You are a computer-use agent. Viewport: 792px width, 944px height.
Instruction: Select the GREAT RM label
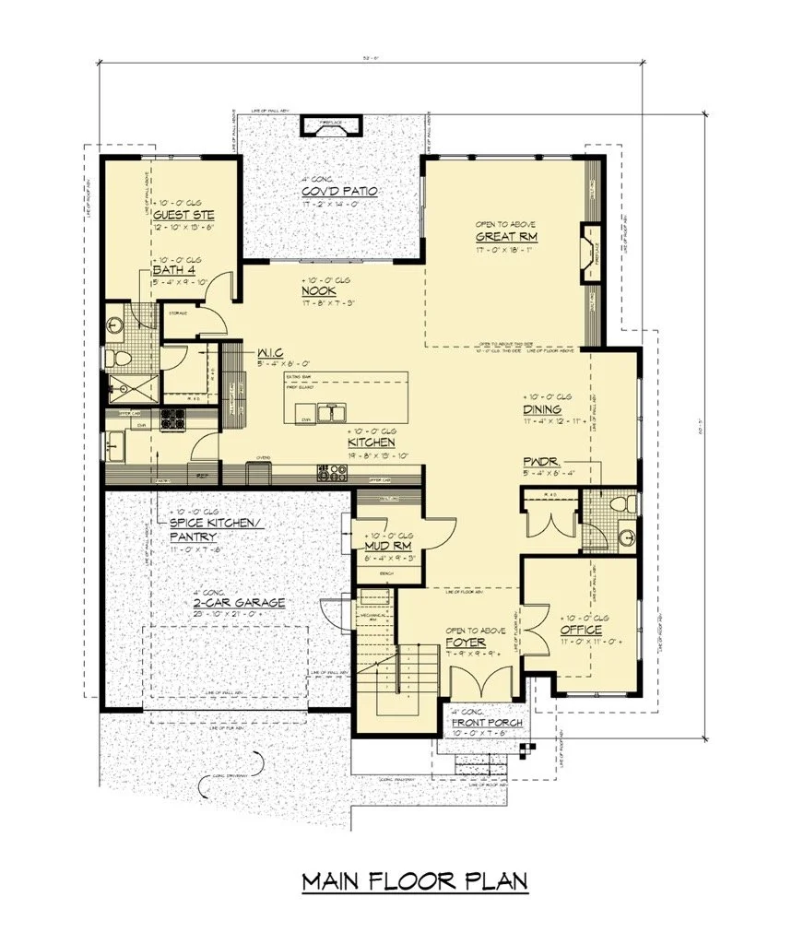506,237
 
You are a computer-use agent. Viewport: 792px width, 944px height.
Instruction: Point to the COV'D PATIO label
339,191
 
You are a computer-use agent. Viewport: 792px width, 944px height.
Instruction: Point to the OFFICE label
582,630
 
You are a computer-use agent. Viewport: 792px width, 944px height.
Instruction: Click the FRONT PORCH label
486,722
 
